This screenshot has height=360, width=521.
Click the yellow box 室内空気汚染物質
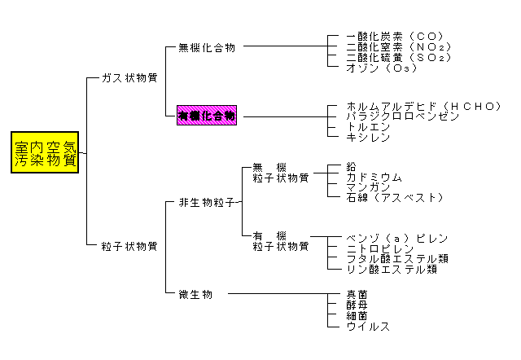pos(46,153)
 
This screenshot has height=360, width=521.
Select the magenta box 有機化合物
pos(207,116)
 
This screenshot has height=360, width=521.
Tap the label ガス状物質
pos(129,78)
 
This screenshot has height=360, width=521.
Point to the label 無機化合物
pos(207,48)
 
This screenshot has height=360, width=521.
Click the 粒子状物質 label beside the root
pos(129,245)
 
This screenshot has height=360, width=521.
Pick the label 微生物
pos(195,293)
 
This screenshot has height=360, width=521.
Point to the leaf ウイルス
pos(368,326)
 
